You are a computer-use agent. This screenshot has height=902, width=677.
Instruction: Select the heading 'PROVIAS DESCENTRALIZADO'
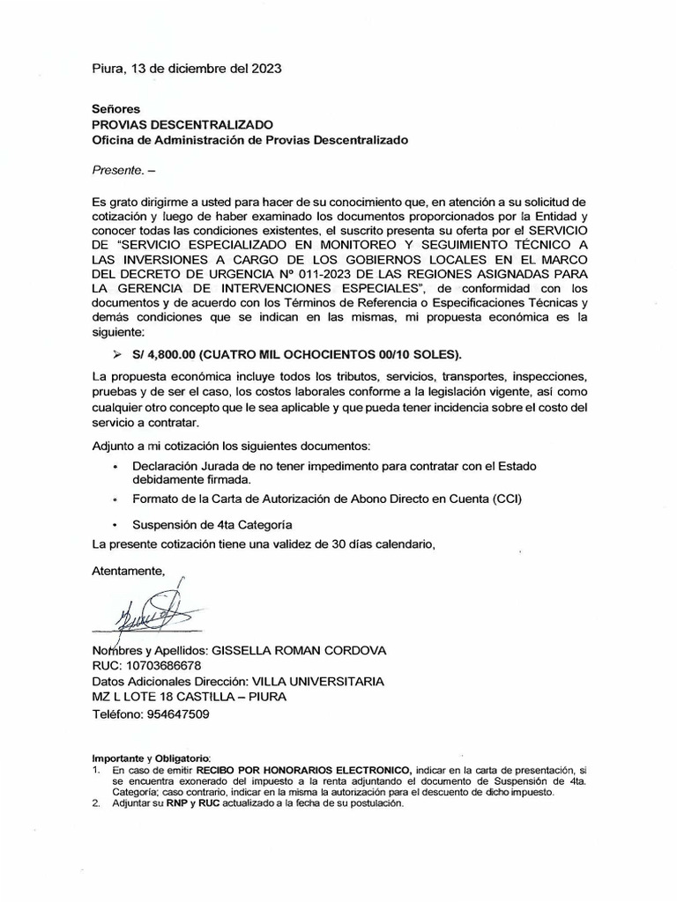click(182, 124)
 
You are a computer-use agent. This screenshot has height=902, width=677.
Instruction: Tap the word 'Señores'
click(116, 108)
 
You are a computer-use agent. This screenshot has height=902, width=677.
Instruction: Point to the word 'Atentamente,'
click(128, 571)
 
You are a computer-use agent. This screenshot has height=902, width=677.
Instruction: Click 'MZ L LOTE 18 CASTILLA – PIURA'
click(189, 698)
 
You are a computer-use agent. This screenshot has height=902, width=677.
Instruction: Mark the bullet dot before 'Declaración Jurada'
click(115, 466)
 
